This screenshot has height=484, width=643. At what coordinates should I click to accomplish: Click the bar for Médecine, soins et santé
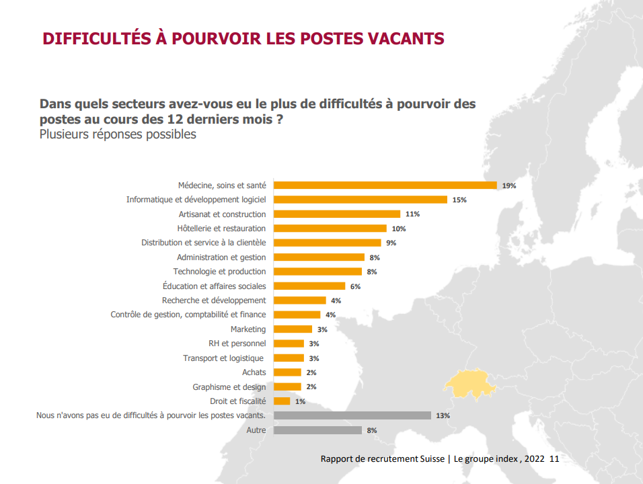pyautogui.click(x=385, y=186)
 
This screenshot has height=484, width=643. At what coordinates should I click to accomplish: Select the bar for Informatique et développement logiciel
pyautogui.click(x=361, y=200)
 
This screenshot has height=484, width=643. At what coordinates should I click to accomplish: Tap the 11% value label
pyautogui.click(x=412, y=214)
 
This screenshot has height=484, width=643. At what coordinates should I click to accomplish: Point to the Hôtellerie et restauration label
pyautogui.click(x=221, y=229)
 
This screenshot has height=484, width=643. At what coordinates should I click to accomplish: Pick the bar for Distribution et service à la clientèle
pyautogui.click(x=328, y=243)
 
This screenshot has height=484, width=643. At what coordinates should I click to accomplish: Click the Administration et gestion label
pyautogui.click(x=221, y=257)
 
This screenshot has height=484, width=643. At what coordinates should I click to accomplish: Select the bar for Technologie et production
pyautogui.click(x=319, y=272)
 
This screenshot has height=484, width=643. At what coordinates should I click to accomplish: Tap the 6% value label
pyautogui.click(x=355, y=286)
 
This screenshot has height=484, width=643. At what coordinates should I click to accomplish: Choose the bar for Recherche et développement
pyautogui.click(x=300, y=300)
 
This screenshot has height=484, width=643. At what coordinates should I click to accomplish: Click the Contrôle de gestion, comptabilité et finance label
pyautogui.click(x=188, y=315)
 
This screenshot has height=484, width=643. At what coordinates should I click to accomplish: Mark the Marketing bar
pyautogui.click(x=293, y=329)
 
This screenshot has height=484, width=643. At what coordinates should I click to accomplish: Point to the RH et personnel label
pyautogui.click(x=237, y=344)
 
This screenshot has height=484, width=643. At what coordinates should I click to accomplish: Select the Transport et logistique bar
pyautogui.click(x=289, y=358)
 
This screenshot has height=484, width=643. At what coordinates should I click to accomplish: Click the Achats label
pyautogui.click(x=254, y=372)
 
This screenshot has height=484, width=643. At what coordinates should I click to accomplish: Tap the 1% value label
pyautogui.click(x=300, y=401)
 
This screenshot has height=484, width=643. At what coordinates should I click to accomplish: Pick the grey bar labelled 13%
pyautogui.click(x=352, y=415)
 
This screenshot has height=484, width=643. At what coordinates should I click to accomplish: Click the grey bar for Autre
pyautogui.click(x=317, y=430)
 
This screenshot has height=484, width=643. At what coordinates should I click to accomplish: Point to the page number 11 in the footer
pyautogui.click(x=554, y=459)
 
